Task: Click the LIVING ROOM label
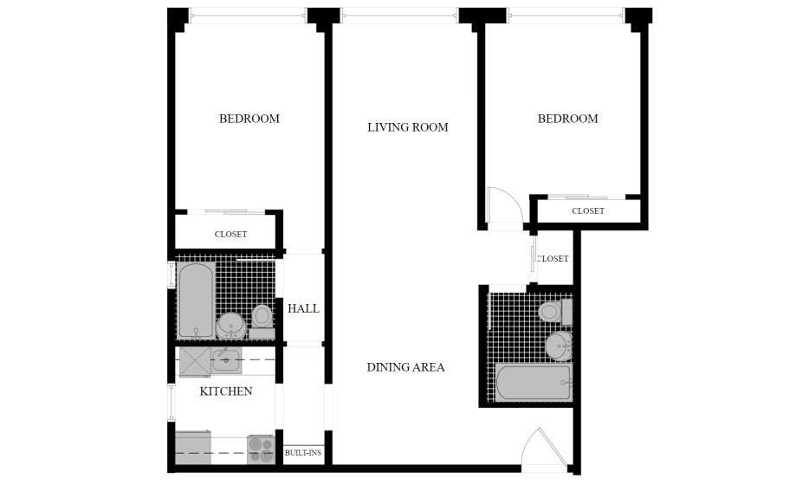(x=408, y=127)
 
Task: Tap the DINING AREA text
(x=405, y=367)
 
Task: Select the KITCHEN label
(x=226, y=391)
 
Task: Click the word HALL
(x=303, y=308)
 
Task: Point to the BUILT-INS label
(x=303, y=453)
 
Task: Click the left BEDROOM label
(x=249, y=119)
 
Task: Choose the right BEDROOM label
(x=567, y=119)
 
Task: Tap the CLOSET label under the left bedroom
(x=230, y=234)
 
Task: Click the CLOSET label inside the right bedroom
(x=588, y=211)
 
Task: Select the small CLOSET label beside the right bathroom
(x=553, y=258)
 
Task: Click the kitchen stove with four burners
(x=261, y=449)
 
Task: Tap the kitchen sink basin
(x=226, y=360)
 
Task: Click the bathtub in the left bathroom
(x=196, y=301)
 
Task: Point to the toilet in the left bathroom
(x=262, y=320)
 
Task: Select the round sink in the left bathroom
(x=230, y=326)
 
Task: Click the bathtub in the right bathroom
(x=534, y=382)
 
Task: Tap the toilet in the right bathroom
(x=554, y=312)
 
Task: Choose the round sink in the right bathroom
(x=559, y=346)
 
